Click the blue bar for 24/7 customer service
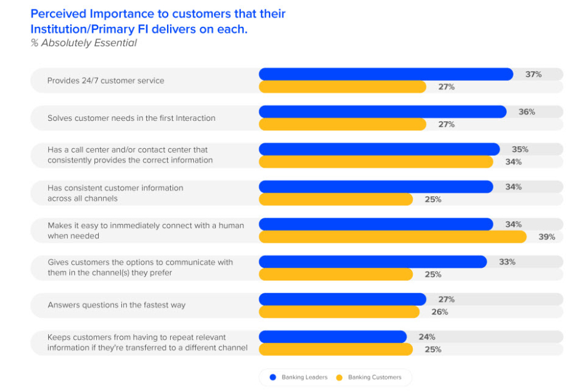(x=386, y=74)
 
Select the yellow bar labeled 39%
(x=392, y=237)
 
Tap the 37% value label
(x=533, y=74)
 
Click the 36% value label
(x=527, y=112)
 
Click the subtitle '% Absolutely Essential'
(x=83, y=43)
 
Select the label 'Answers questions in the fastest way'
(x=116, y=305)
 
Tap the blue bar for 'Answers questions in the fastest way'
(x=342, y=300)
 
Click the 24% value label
(x=427, y=337)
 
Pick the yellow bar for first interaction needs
(x=342, y=124)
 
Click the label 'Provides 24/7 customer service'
(x=106, y=81)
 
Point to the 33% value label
(x=507, y=262)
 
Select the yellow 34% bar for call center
(x=376, y=162)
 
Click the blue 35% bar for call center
(x=379, y=150)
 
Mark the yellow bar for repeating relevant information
(x=336, y=350)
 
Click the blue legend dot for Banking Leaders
(x=272, y=377)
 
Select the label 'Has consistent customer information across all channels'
(x=115, y=193)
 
